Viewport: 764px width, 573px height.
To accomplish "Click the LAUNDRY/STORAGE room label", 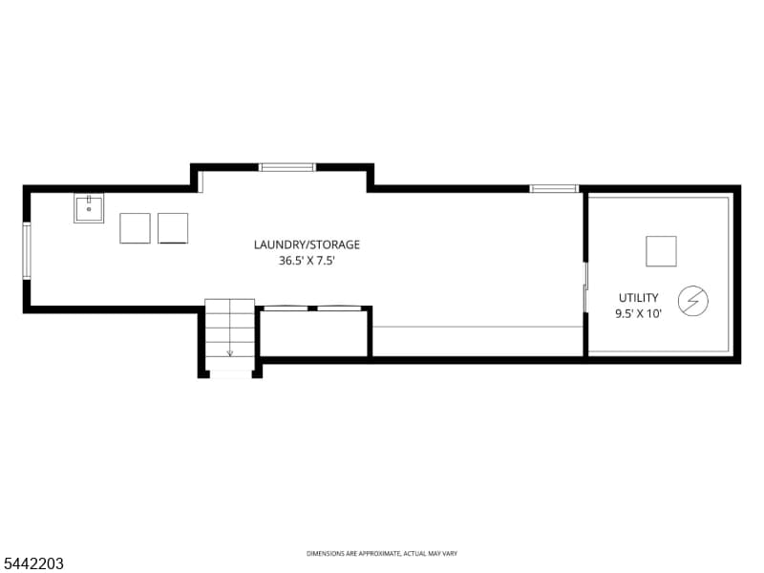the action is click(x=307, y=244).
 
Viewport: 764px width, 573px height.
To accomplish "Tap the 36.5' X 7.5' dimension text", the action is click(x=307, y=261).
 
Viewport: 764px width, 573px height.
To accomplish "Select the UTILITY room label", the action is click(x=638, y=298).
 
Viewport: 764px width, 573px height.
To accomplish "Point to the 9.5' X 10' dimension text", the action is click(x=638, y=314).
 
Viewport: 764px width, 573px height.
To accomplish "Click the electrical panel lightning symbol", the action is click(x=693, y=301).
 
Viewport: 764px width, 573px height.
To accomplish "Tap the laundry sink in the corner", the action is click(x=89, y=208).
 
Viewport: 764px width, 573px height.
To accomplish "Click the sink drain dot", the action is click(x=89, y=209).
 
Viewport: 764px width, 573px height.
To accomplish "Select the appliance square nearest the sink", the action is click(x=135, y=228).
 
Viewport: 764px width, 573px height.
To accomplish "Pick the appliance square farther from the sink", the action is click(x=173, y=228).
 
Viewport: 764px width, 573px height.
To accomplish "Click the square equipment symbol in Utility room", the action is click(x=661, y=251).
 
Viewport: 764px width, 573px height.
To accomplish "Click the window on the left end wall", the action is click(x=27, y=251).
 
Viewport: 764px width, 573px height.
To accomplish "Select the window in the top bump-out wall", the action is click(x=287, y=168).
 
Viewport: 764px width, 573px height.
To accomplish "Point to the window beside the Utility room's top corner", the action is click(x=555, y=188).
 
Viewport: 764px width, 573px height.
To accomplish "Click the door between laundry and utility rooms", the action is click(x=585, y=287).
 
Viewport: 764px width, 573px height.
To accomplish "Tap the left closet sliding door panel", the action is click(x=286, y=308).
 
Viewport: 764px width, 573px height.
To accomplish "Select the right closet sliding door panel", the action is click(x=339, y=308).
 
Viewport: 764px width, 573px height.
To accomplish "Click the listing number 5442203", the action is click(x=32, y=563).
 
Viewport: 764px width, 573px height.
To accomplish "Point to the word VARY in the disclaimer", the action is click(x=450, y=554).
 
